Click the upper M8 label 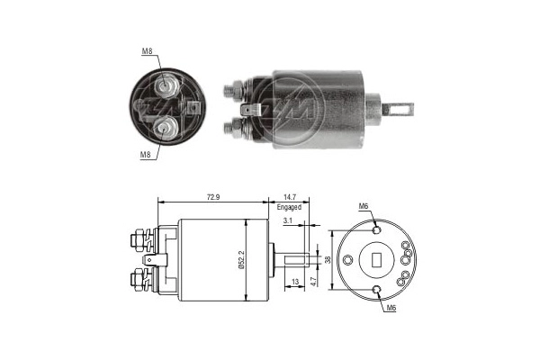click(146, 50)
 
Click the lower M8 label click(144, 154)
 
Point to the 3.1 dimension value click(286, 220)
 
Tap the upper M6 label click(364, 206)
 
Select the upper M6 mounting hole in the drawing click(376, 231)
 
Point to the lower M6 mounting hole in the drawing click(376, 289)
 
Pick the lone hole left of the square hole click(350, 260)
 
